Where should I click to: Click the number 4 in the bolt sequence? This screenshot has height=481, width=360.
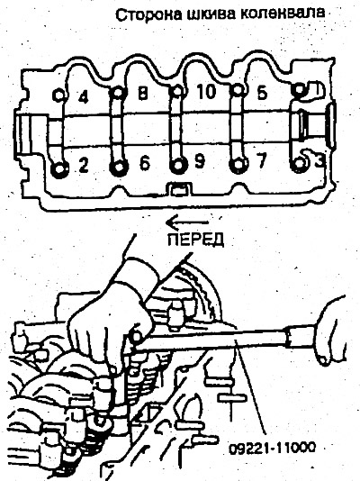click(83, 97)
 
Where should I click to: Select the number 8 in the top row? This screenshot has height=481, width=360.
click(142, 94)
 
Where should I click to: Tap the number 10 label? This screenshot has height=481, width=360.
click(206, 91)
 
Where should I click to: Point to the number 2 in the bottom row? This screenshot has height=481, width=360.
click(83, 165)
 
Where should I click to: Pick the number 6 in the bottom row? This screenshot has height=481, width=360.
click(145, 163)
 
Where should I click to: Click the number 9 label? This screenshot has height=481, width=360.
click(200, 161)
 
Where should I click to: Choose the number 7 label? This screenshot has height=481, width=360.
click(261, 160)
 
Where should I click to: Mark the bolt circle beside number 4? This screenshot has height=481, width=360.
click(58, 95)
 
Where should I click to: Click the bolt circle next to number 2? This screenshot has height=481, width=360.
click(58, 169)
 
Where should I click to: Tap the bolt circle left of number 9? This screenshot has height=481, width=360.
click(177, 166)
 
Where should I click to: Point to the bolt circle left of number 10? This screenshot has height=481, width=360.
click(176, 91)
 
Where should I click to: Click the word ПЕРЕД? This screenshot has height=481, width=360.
click(196, 240)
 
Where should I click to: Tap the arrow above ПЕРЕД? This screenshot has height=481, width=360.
click(187, 222)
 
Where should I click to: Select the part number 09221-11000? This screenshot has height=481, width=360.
click(272, 449)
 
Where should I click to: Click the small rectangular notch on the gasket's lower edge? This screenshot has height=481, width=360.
click(178, 189)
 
